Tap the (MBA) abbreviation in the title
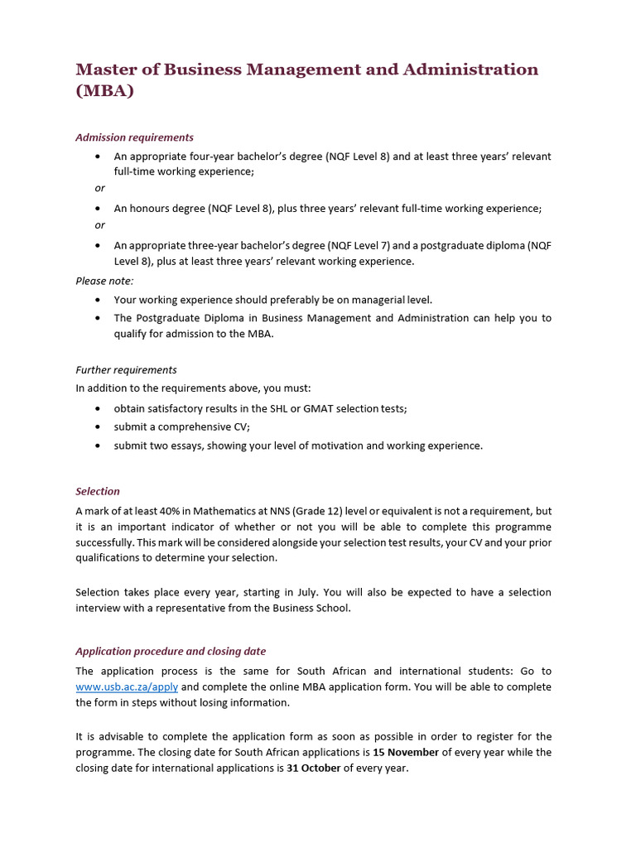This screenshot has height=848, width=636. click(x=104, y=91)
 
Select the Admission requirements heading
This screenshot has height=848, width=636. click(x=134, y=137)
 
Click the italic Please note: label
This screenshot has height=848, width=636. click(x=104, y=281)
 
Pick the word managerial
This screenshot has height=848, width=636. click(x=372, y=300)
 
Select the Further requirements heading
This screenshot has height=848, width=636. click(x=126, y=370)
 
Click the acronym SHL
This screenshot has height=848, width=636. click(x=279, y=408)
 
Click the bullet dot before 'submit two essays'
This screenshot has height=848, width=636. click(x=99, y=446)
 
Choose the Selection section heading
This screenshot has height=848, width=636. click(x=98, y=491)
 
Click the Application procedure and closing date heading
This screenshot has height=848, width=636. click(x=171, y=651)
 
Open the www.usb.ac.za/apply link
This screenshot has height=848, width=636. click(x=127, y=687)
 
